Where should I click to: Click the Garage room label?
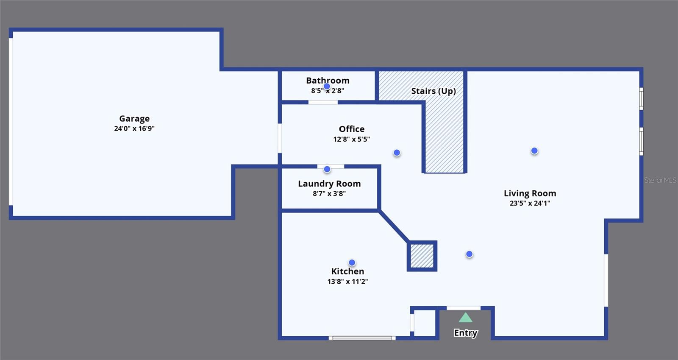(134, 119)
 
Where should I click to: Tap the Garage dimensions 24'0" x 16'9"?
(134, 128)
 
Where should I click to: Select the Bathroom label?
(328, 81)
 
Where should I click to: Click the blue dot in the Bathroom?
(327, 87)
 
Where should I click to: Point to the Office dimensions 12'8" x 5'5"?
(351, 139)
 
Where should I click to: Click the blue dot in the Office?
(397, 153)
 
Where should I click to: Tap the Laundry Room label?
(329, 184)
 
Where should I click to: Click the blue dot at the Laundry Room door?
(327, 169)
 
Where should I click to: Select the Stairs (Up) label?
(433, 91)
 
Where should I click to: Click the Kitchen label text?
(347, 271)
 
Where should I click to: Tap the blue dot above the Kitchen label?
(352, 263)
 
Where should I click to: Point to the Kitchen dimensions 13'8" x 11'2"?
(347, 282)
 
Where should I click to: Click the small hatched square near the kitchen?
(422, 256)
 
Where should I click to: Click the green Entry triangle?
(465, 318)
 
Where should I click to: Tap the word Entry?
(465, 333)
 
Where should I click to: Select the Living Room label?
(530, 193)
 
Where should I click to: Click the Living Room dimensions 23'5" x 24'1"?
(530, 203)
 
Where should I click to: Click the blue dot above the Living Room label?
(534, 151)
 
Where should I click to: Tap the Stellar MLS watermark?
(660, 180)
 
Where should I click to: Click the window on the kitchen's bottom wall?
(362, 338)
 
